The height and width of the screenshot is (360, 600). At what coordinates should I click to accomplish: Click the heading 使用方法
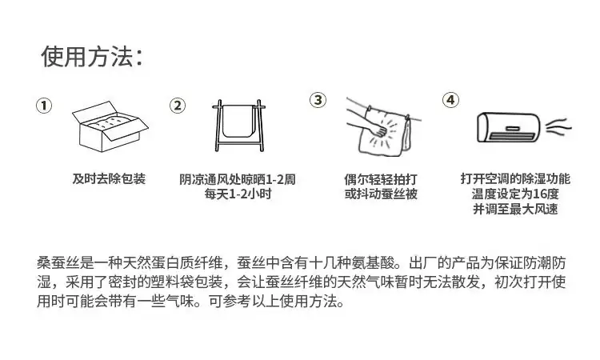87,57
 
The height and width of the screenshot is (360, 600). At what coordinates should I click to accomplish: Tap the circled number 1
44,106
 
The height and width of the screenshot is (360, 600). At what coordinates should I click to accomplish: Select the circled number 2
178,106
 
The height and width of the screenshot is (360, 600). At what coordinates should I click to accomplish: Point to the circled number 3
318,100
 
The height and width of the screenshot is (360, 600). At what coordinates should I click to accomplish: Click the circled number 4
450,100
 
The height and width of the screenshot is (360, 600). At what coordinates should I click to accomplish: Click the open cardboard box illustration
110,126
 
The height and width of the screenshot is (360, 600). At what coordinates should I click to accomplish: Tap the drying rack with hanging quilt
239,126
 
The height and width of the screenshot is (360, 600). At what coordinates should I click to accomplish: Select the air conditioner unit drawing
509,127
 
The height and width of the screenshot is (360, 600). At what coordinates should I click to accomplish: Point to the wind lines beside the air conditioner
558,127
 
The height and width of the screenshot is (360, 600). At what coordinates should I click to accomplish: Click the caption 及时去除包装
109,178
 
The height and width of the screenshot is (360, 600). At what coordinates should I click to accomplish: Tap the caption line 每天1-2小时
238,194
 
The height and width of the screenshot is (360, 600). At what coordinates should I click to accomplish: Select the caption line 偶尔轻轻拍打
380,179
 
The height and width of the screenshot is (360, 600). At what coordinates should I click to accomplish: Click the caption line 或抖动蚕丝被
380,194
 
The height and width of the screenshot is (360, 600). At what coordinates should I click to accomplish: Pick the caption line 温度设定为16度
515,194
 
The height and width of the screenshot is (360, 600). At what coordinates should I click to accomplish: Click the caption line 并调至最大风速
515,209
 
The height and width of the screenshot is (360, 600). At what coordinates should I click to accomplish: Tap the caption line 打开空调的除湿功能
515,178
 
